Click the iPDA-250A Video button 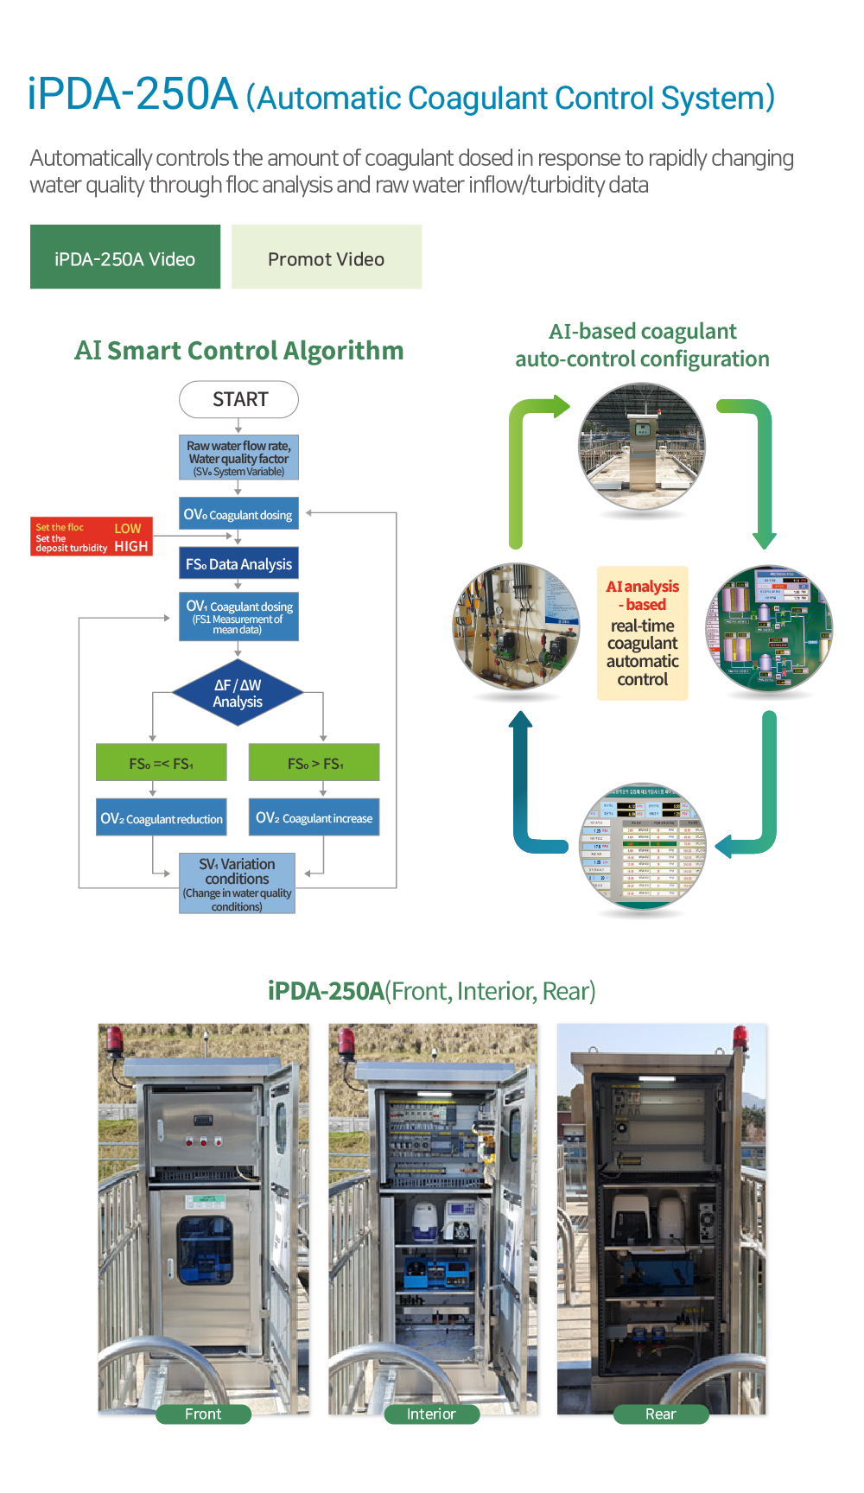[125, 257]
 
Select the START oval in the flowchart [239, 400]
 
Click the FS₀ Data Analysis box [239, 564]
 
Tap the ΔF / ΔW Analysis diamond [238, 694]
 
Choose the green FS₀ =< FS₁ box [162, 763]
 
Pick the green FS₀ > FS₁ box [314, 763]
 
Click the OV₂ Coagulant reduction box [162, 818]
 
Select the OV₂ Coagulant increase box [314, 817]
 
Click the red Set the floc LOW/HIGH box [92, 537]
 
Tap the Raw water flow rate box [239, 458]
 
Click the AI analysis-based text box [643, 633]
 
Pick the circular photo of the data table [643, 847]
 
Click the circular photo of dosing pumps [517, 626]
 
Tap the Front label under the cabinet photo [203, 1414]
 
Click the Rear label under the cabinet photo [661, 1414]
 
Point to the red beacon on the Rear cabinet [740, 1037]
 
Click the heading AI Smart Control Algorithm [239, 351]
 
